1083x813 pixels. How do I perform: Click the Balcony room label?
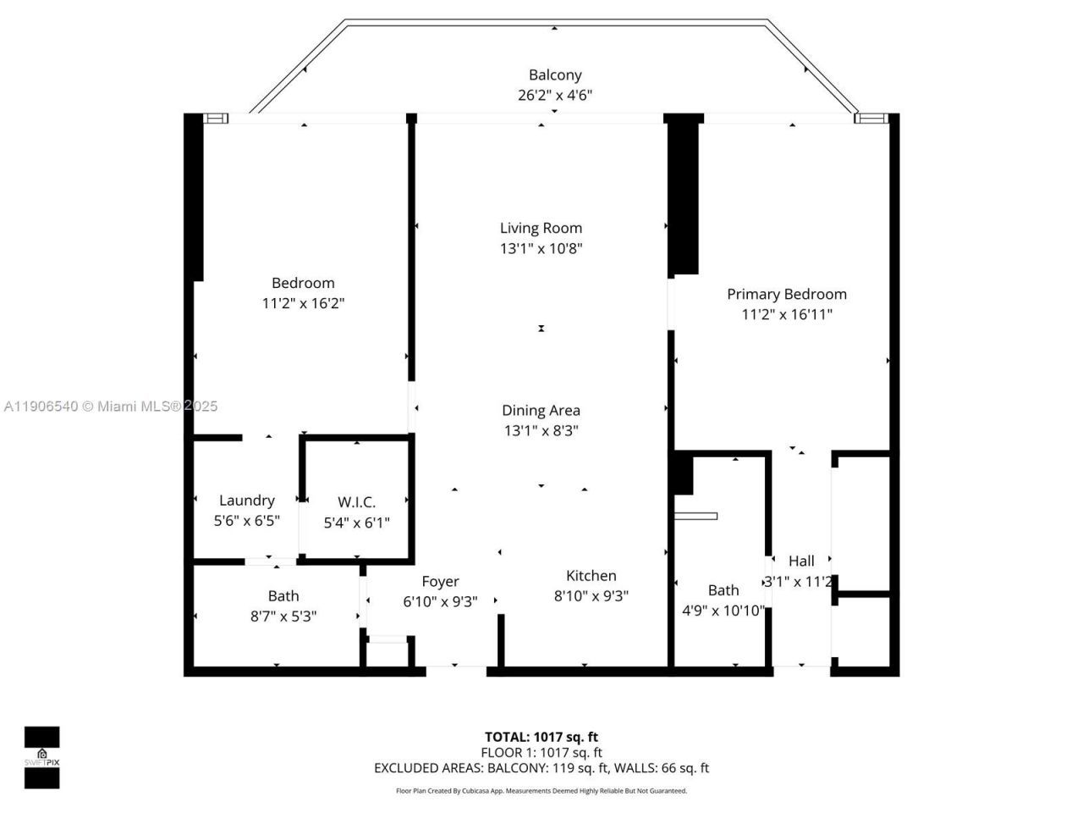555,75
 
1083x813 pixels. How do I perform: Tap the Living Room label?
541,228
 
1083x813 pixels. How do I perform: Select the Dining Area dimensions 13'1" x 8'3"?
541,431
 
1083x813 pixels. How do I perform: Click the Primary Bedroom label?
786,294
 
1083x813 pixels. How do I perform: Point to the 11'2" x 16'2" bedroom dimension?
303,303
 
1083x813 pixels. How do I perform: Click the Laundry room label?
246,501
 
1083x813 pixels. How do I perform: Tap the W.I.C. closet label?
356,502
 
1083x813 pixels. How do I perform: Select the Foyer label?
440,582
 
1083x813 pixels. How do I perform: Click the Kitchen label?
591,576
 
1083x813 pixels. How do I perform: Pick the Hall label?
801,561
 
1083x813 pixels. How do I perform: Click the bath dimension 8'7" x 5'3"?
283,617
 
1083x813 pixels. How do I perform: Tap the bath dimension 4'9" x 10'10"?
723,611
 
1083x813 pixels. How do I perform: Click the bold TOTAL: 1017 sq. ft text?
541,737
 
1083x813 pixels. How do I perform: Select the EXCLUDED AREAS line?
541,768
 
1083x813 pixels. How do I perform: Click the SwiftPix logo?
41,757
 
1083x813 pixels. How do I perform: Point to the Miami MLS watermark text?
110,406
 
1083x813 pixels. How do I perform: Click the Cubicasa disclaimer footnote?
541,791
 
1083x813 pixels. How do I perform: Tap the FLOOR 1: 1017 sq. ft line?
541,752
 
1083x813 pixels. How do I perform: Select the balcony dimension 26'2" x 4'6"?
555,96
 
